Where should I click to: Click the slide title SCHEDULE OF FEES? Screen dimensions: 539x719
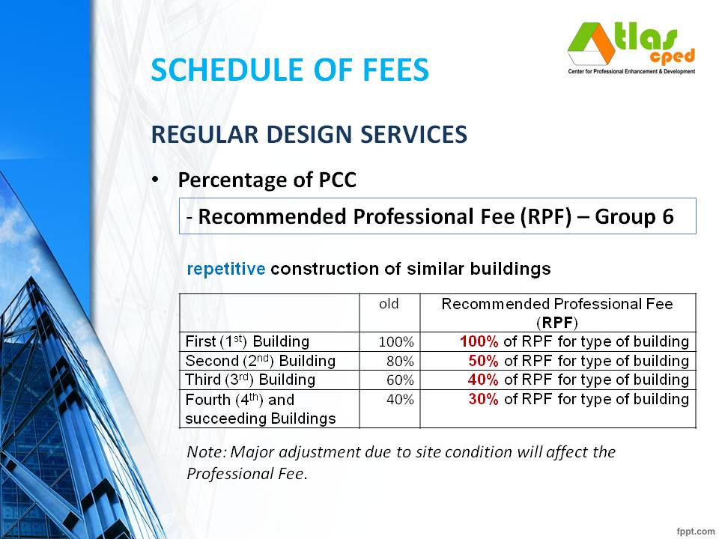290,70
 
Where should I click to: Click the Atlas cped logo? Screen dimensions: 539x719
631,46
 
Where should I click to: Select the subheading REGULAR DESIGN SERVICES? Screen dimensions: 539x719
309,134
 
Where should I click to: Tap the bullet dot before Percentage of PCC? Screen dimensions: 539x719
155,180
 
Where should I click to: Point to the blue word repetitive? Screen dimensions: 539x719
225,269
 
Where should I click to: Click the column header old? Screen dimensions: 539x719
389,304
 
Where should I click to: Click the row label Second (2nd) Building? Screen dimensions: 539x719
260,361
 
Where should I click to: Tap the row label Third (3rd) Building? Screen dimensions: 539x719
250,380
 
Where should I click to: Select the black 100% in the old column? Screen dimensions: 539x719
396,342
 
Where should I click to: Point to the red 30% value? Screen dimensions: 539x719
483,399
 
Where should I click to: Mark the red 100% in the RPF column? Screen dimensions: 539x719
479,341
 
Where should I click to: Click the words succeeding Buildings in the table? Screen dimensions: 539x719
260,418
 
